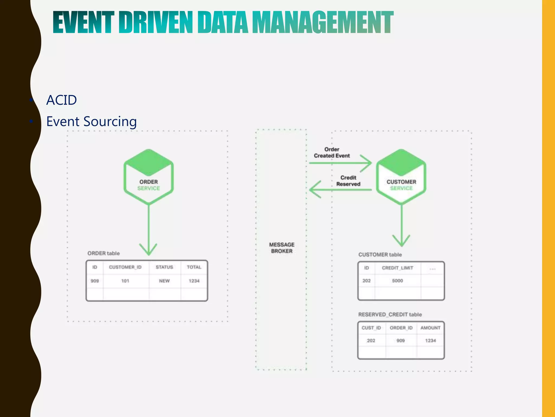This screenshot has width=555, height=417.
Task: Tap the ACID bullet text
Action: coord(62,100)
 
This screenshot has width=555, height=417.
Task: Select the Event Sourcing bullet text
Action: coord(91,121)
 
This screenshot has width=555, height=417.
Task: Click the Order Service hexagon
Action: coord(149,177)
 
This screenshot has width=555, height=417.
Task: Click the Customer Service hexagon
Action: coord(401,177)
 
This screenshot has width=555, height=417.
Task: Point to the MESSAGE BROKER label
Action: coord(282,248)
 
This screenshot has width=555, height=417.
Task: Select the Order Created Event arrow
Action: coord(340,163)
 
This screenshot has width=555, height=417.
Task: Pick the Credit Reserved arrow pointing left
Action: coord(340,189)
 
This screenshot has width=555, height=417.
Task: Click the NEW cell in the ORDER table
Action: coord(164,281)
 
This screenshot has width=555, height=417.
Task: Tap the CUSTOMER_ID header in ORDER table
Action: coord(125,267)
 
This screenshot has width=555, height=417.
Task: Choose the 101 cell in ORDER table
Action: coord(125,281)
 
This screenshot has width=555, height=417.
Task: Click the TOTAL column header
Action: coord(194,267)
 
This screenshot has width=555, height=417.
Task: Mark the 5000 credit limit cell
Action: coord(398,281)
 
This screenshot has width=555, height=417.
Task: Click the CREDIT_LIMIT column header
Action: coord(398,268)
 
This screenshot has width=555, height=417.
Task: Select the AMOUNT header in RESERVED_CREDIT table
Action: coord(430,328)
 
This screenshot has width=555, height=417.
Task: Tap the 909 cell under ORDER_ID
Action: coord(401,340)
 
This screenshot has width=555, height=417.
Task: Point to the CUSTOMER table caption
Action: coord(380,255)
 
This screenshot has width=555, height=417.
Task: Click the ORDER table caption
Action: coord(104,253)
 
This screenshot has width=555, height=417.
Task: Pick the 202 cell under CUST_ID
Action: coord(371,340)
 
